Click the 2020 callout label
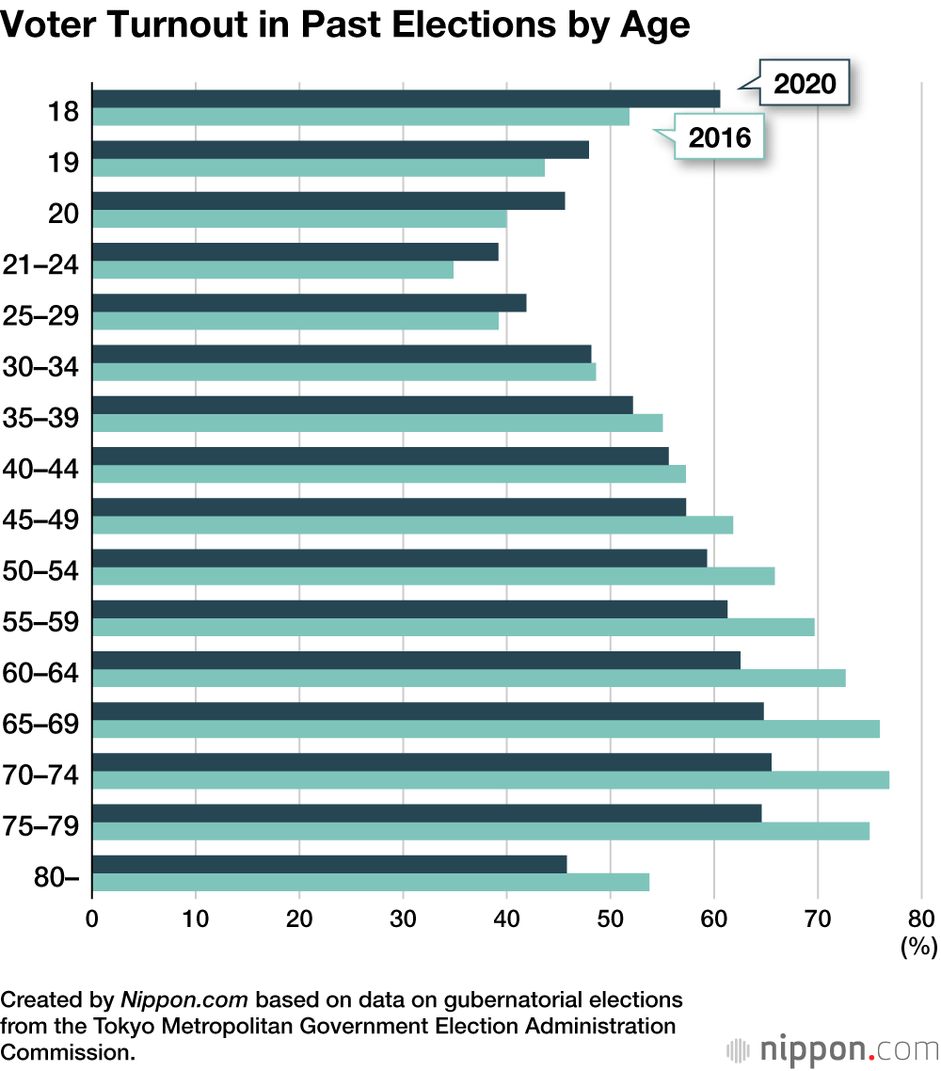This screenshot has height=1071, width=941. (805, 84)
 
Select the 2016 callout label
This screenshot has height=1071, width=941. (720, 137)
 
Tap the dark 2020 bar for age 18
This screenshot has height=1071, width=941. (406, 99)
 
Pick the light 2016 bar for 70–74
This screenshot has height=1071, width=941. (490, 779)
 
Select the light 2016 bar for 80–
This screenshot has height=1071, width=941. (371, 882)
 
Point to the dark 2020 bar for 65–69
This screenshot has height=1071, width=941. (428, 711)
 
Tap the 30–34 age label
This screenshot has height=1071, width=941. (40, 366)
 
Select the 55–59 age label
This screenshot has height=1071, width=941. (40, 621)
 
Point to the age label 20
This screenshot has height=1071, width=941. (63, 213)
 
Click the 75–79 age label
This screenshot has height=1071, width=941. (40, 825)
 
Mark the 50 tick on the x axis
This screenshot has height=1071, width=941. (611, 919)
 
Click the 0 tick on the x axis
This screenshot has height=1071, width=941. (92, 919)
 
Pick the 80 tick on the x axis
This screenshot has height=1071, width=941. (921, 919)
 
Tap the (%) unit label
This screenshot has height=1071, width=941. (918, 947)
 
